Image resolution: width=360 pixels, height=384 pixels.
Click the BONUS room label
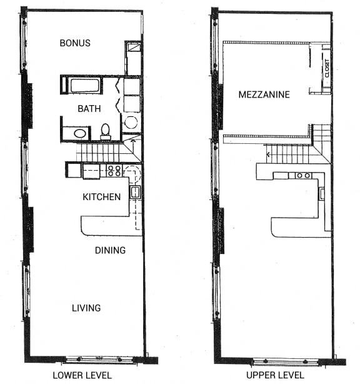coord(75,43)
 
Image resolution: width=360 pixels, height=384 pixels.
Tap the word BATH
coord(88,109)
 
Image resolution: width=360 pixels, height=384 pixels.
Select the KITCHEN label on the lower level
coord(101,197)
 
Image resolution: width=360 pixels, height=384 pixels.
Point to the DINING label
coord(110,250)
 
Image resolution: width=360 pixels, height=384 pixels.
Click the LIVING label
coord(86,308)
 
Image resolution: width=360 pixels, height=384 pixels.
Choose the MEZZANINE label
coord(264,95)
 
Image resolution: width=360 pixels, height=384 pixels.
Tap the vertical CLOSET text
coord(327,68)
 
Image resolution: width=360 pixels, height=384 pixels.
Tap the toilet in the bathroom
coord(106,131)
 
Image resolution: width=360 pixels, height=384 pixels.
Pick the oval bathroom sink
coord(80,133)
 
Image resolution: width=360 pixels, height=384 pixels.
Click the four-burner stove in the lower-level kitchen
coord(114,169)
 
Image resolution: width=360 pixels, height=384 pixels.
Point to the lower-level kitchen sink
coord(134,192)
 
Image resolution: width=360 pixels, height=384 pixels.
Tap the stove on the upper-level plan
coord(304,175)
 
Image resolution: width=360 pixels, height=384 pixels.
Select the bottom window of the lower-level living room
coord(99,360)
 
